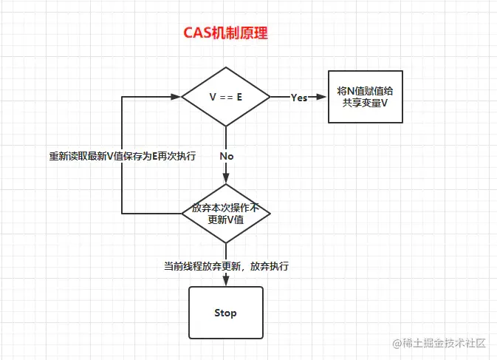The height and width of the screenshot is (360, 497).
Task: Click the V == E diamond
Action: click(226, 97)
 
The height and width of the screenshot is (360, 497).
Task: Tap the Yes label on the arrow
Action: click(299, 98)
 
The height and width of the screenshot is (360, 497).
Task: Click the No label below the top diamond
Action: click(226, 156)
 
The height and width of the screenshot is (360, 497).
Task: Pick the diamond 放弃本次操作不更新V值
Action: click(226, 214)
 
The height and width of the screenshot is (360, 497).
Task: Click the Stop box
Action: click(225, 313)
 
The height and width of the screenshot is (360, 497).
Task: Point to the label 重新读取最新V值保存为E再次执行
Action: click(123, 156)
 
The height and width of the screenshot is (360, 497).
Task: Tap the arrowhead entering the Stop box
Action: click(226, 282)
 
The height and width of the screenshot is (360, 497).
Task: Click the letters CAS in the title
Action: click(198, 34)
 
